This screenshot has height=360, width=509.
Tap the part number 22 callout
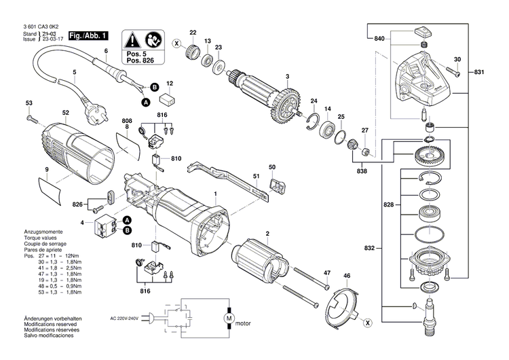193,33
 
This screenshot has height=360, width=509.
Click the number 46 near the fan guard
347,276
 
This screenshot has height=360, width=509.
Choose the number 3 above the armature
287,75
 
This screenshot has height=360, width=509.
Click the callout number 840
379,39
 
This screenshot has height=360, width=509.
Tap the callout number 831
480,72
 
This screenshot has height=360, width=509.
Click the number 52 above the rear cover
65,113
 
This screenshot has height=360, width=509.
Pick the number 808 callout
126,122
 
